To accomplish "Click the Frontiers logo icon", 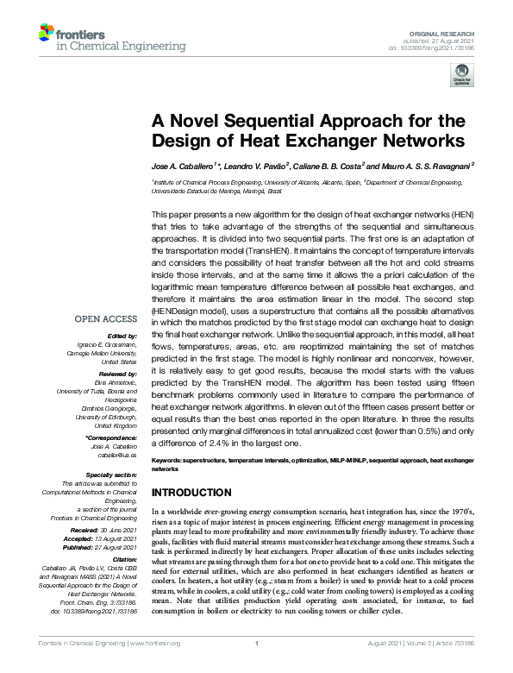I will tap(47, 34).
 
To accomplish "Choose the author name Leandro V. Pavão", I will tap(254, 165).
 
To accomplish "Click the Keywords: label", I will tap(170, 462).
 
